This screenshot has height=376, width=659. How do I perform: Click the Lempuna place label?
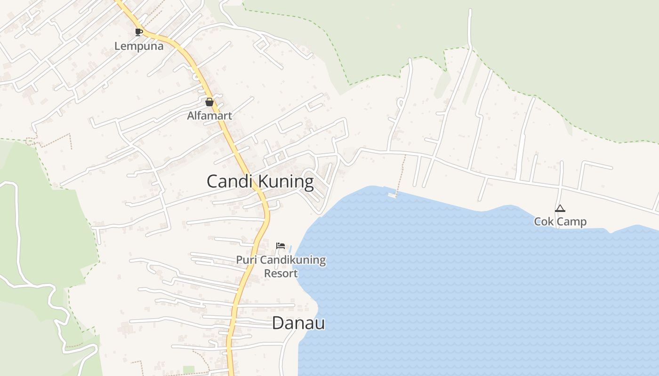click(x=139, y=46)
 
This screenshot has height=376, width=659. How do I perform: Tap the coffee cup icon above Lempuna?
click(x=138, y=32)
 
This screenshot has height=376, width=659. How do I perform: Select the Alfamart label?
click(x=209, y=116)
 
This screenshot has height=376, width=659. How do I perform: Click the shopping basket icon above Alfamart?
click(x=209, y=102)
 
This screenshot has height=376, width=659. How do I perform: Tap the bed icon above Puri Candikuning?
click(x=281, y=246)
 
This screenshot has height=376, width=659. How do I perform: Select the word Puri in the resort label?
click(x=245, y=260)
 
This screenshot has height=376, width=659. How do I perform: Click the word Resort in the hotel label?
click(x=281, y=273)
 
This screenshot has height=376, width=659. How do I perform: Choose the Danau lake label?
click(x=298, y=323)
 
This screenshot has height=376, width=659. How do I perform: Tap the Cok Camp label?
click(x=560, y=221)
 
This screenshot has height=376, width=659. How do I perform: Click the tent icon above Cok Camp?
click(x=560, y=208)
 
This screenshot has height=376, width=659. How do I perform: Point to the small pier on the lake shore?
click(x=392, y=195)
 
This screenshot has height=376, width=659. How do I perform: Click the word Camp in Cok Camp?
click(x=571, y=221)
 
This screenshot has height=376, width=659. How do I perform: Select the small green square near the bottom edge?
click(x=189, y=370)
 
